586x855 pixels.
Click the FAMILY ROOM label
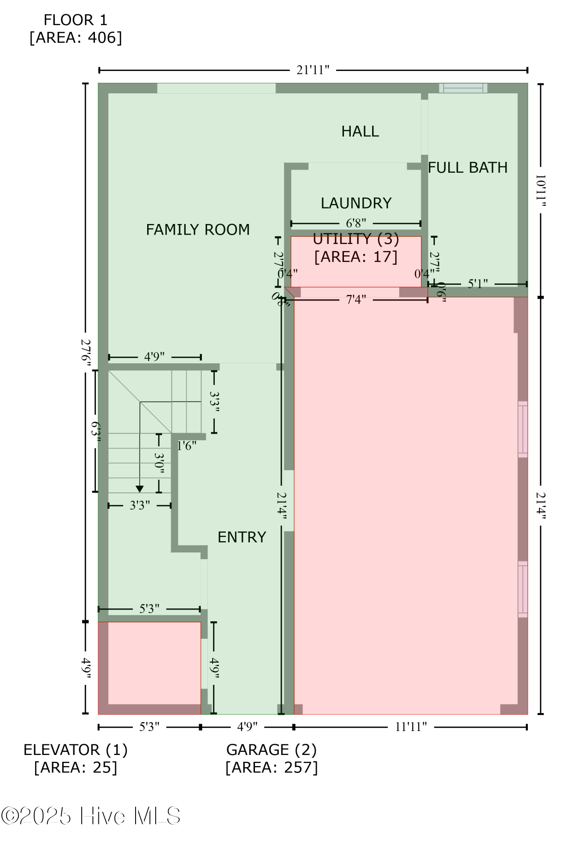[198, 230]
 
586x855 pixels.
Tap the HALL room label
[360, 131]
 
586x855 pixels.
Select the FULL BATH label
[468, 168]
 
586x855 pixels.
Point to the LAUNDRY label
[356, 203]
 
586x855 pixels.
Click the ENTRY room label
[242, 537]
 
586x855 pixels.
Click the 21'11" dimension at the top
[313, 70]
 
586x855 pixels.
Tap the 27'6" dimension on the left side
[86, 350]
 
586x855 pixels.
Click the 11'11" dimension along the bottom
[411, 727]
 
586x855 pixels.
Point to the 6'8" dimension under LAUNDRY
[356, 223]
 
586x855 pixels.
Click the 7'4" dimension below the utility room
[356, 300]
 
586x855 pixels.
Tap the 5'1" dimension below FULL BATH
[477, 284]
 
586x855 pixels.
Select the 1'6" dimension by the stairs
[187, 446]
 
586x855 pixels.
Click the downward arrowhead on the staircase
[139, 489]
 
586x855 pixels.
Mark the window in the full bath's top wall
[463, 88]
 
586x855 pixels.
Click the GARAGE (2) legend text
[271, 750]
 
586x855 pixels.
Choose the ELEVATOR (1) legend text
[76, 750]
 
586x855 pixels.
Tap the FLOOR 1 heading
[75, 20]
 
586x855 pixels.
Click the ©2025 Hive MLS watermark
[91, 816]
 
